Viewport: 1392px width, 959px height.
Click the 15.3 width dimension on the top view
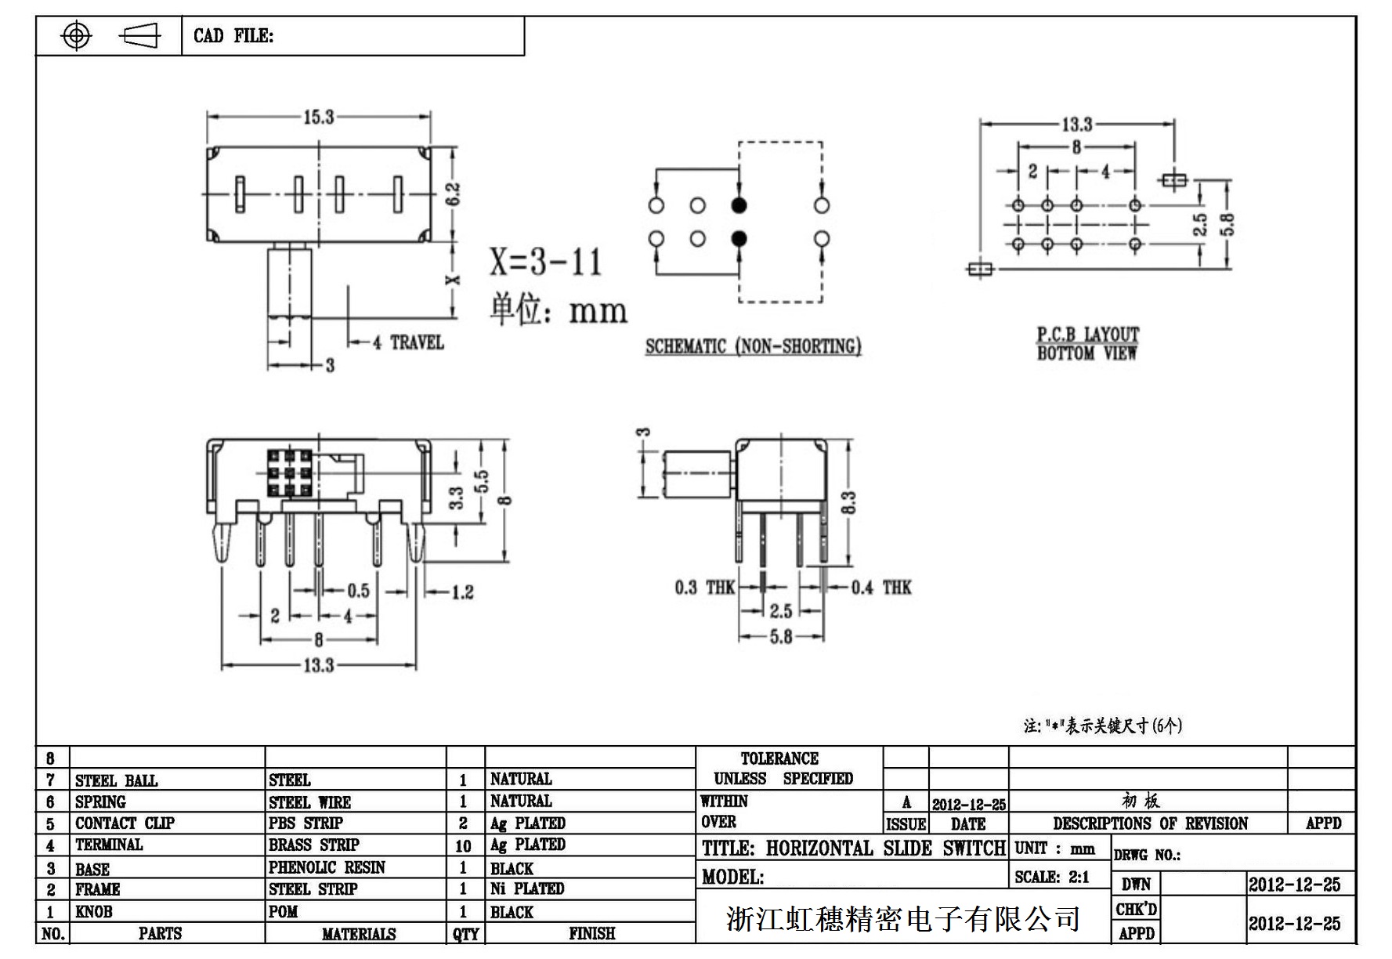318,118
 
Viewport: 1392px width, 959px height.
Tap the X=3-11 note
545,262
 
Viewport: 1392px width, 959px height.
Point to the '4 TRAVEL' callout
408,343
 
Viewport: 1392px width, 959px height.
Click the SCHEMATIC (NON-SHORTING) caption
753,347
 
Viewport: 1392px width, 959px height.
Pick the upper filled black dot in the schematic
739,205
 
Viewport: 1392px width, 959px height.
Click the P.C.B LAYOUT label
1087,335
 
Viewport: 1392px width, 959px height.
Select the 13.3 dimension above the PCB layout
1076,125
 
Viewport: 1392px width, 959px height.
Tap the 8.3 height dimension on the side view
848,502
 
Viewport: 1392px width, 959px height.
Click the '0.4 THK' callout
881,588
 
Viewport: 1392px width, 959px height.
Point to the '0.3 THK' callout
705,588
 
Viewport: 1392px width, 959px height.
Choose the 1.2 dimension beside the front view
462,592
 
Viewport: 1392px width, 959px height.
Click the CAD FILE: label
233,36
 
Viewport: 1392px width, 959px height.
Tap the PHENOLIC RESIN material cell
327,868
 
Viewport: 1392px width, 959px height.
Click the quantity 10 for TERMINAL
464,846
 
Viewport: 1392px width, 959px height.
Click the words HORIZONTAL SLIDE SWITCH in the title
885,849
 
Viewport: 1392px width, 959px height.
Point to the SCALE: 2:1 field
1052,878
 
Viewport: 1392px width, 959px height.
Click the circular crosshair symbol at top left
76,36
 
